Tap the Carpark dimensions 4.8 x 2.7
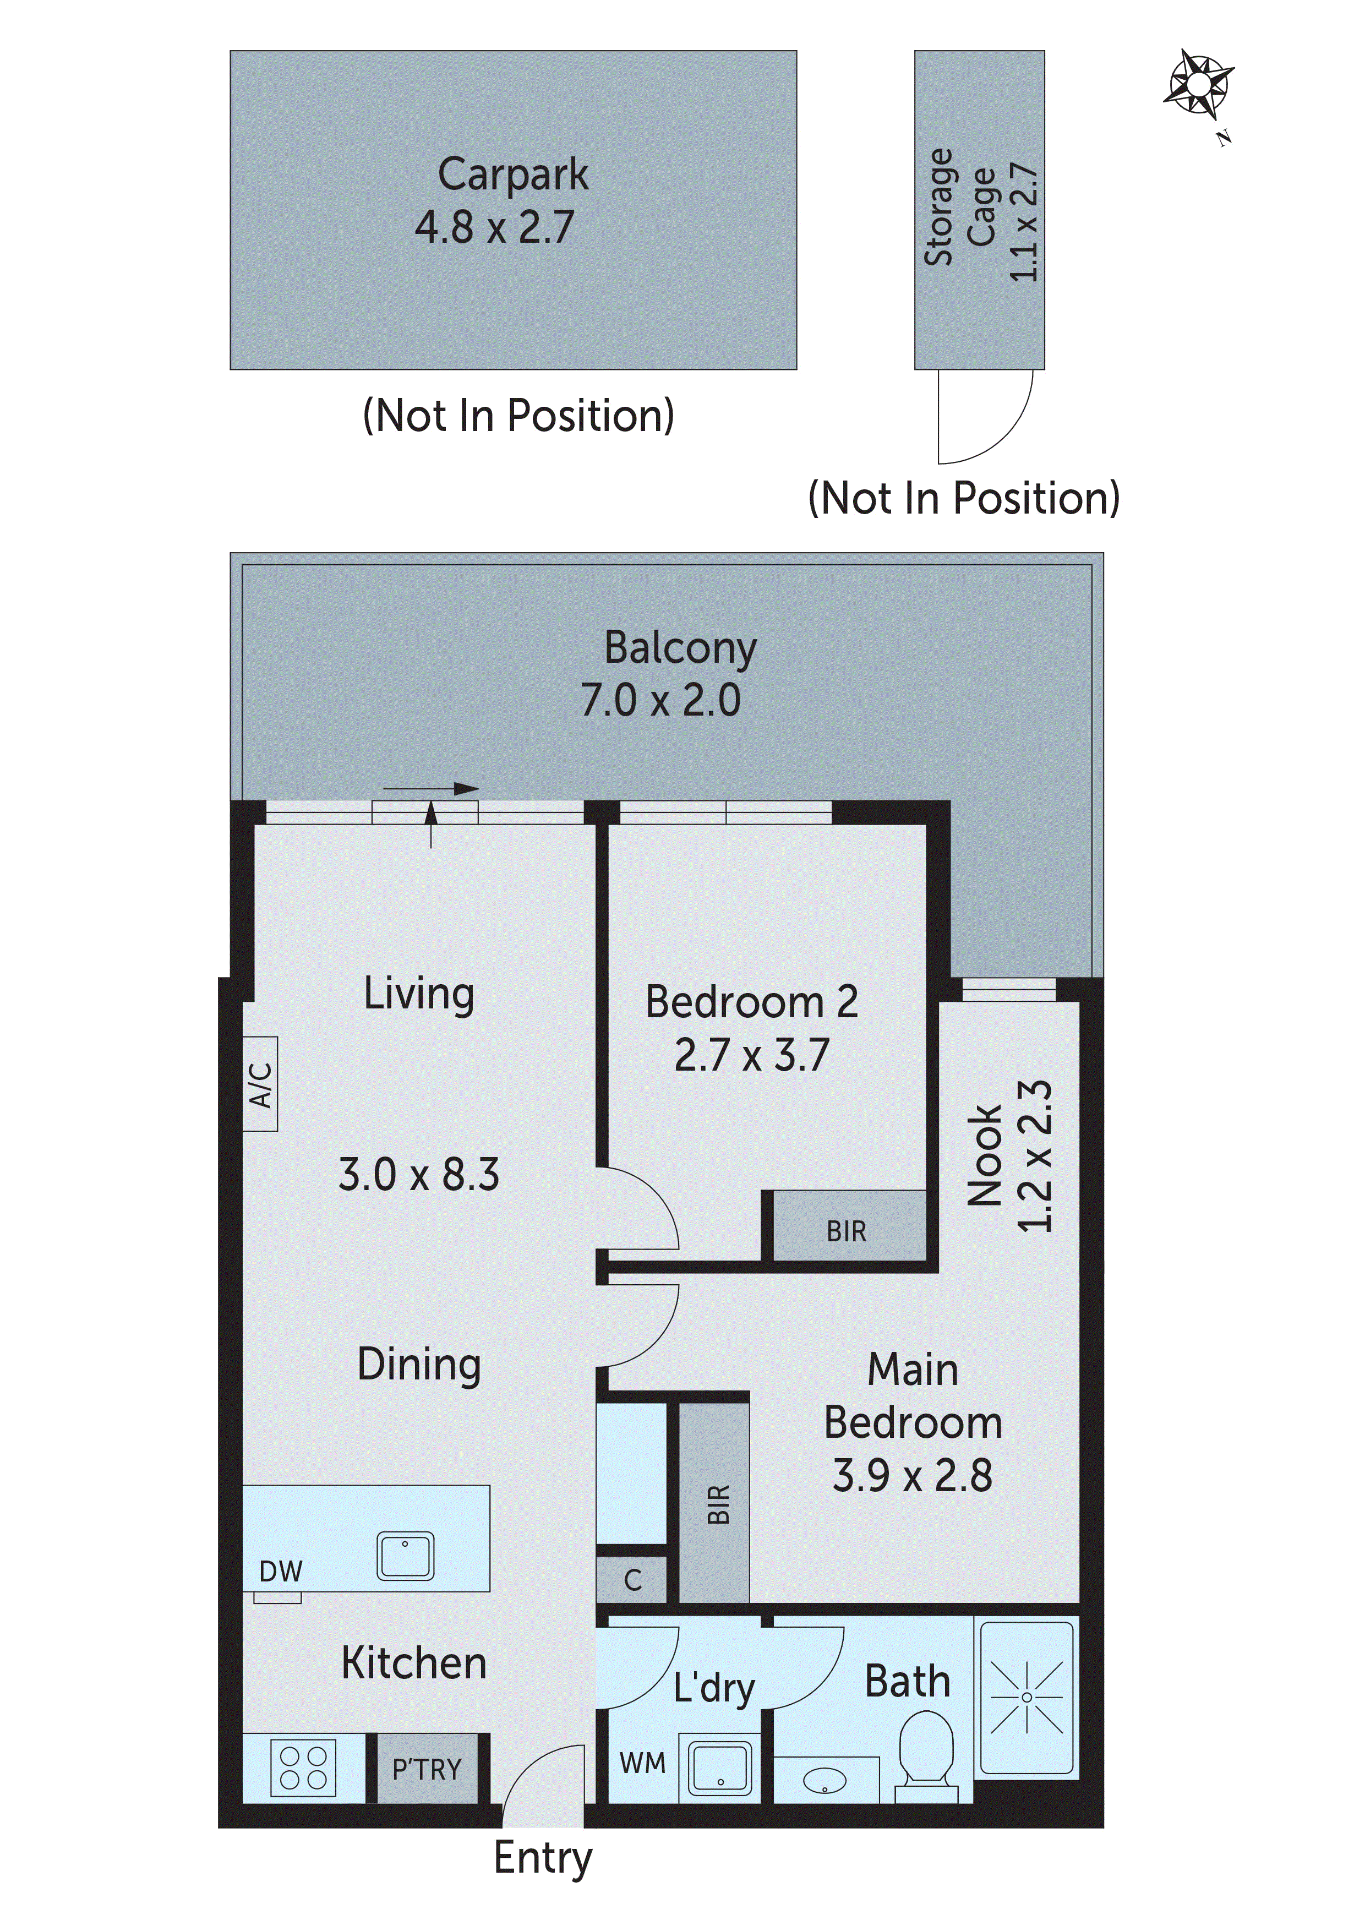click(494, 227)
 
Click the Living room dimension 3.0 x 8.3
click(419, 1174)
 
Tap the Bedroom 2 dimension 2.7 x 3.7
click(752, 1055)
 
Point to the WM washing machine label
click(642, 1763)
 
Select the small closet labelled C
click(632, 1580)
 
